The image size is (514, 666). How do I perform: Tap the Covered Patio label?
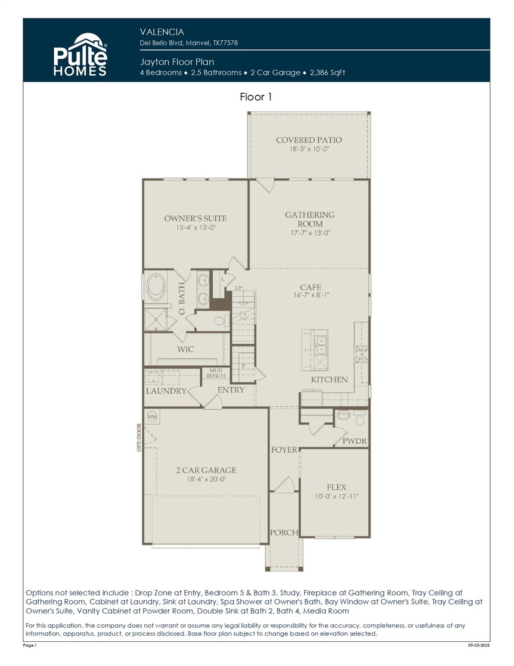click(309, 140)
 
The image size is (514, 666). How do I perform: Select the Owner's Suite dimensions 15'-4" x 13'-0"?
click(195, 228)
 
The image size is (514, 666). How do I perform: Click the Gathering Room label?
click(309, 219)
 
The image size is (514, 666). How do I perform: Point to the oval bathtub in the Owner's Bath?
click(156, 287)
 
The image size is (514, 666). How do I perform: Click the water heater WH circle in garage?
click(152, 417)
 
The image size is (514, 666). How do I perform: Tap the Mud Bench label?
click(215, 373)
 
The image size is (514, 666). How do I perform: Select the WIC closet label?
click(185, 349)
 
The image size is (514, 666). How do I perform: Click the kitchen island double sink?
click(321, 345)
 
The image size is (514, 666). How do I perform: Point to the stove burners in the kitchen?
click(361, 354)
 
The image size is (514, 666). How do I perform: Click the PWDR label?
click(355, 441)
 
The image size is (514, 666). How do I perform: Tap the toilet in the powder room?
click(360, 419)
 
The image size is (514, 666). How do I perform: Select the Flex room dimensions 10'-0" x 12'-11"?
click(336, 496)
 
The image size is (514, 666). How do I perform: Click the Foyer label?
click(284, 450)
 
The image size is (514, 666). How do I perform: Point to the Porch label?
click(284, 532)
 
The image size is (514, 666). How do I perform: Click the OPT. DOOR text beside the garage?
click(139, 437)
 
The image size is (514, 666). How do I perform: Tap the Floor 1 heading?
click(256, 97)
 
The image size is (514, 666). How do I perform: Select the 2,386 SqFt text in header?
click(327, 72)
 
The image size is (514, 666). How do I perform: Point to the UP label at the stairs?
click(238, 288)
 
